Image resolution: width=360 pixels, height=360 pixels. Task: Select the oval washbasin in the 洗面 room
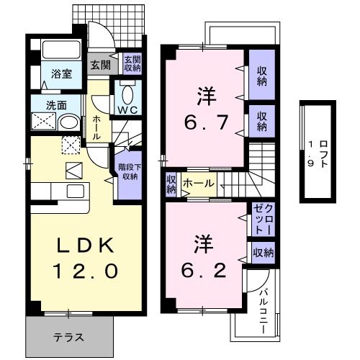pos(69,122)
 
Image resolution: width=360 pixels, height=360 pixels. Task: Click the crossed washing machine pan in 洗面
pos(41,122)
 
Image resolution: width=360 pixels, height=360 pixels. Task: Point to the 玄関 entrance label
pos(100,64)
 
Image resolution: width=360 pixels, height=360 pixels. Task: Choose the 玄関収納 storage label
pos(131,64)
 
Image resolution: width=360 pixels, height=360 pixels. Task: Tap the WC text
pos(129,110)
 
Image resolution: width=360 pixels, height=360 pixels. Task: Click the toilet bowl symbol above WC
pos(129,94)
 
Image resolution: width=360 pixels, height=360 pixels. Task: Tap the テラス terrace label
pos(69,337)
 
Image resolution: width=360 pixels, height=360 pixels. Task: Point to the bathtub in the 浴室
pos(61,51)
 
